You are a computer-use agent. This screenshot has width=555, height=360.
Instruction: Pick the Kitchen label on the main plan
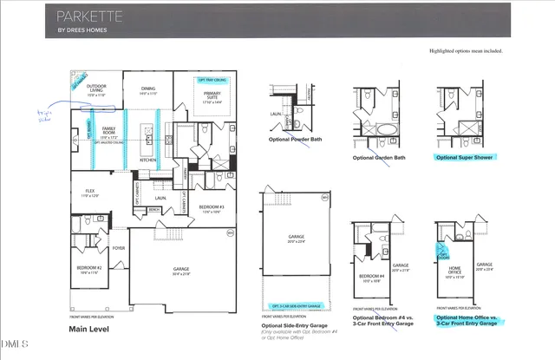click(147, 160)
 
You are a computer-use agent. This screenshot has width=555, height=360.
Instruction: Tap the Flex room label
click(90, 192)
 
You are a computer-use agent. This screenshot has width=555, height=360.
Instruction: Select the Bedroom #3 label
click(211, 207)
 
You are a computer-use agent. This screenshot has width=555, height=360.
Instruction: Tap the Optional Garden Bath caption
click(379, 157)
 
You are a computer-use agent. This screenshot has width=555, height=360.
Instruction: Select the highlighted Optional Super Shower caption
click(469, 157)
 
